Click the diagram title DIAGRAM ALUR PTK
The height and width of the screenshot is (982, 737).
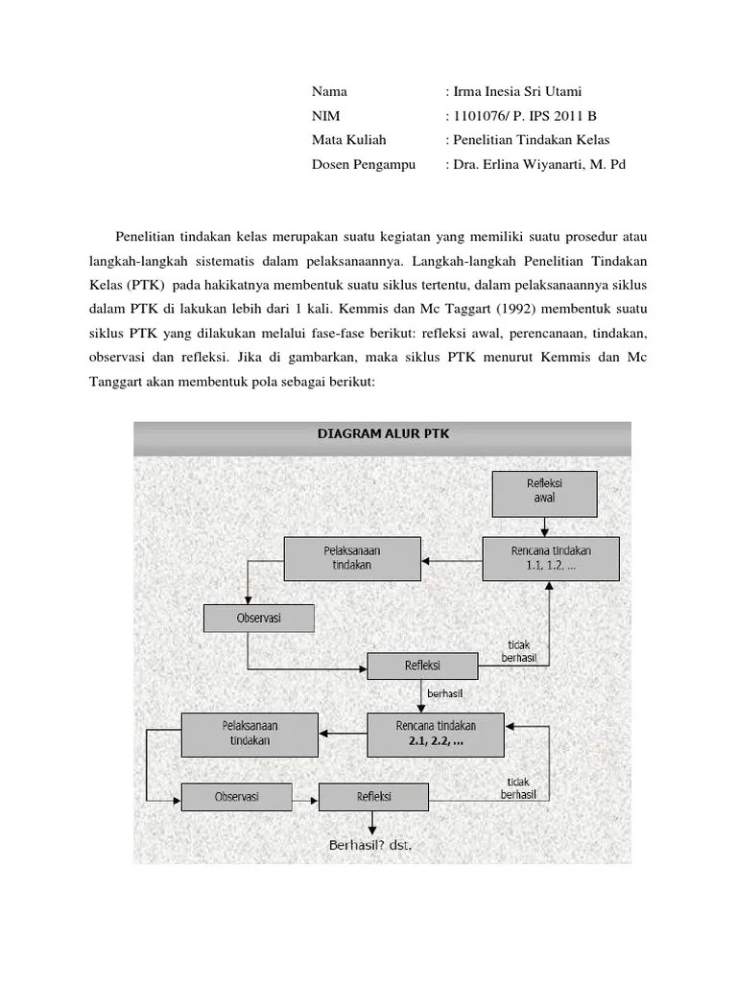tap(383, 433)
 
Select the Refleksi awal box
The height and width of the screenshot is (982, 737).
tap(544, 492)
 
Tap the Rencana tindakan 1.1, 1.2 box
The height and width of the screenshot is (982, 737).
tap(551, 558)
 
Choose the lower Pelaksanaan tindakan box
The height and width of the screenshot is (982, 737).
tap(250, 734)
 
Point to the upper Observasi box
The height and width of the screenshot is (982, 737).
tap(258, 618)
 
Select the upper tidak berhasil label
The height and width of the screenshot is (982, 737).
tap(518, 651)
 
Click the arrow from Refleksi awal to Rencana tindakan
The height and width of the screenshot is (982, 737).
tap(544, 526)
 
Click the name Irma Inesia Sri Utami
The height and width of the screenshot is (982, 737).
tap(516, 92)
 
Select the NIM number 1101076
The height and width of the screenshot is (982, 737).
tap(477, 116)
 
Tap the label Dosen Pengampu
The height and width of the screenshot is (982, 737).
tap(363, 164)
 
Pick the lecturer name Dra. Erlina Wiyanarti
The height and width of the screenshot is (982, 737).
tap(532, 164)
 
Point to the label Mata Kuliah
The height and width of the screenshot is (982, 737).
tap(348, 140)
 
